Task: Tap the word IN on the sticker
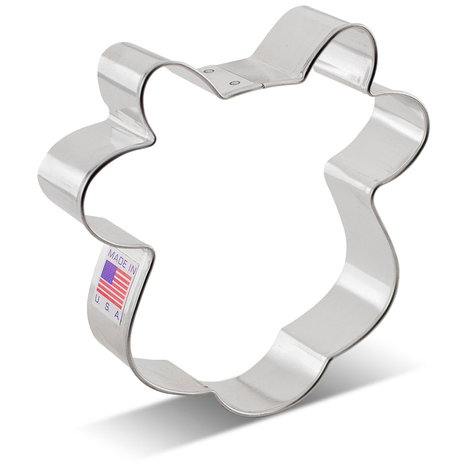tap(131, 268)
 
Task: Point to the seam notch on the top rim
tap(261, 86)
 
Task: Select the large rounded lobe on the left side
tap(61, 169)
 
